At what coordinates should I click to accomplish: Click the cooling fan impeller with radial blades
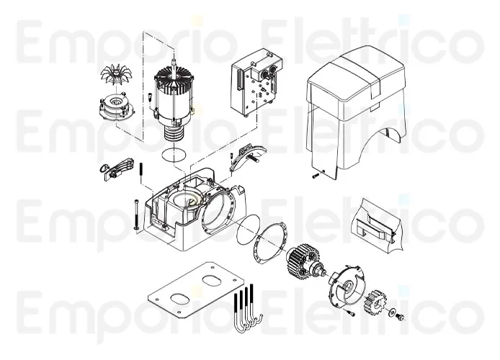pos(114,74)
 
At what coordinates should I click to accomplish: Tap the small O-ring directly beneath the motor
pos(173,153)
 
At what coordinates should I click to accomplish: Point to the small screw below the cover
pos(315,174)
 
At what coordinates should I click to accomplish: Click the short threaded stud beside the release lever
pos(142,171)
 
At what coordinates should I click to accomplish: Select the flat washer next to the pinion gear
pos(390,313)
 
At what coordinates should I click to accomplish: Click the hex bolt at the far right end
pos(402,318)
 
